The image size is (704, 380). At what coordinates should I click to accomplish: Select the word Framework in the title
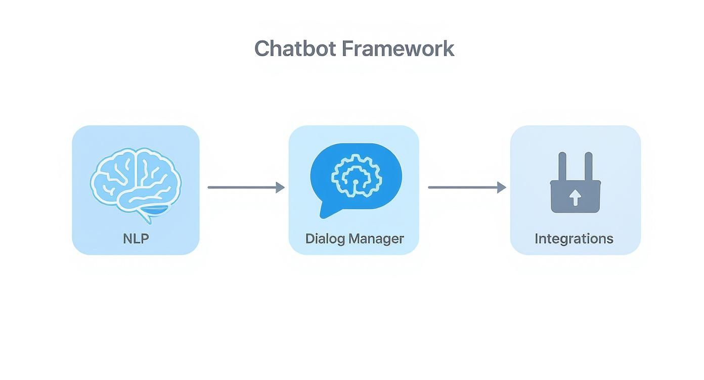point(398,49)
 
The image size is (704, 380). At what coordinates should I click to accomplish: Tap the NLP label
point(136,239)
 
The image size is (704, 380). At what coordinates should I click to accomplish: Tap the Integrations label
point(574,239)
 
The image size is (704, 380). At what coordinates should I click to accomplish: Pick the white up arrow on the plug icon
point(575,198)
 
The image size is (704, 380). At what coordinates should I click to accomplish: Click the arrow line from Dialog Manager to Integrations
point(462,187)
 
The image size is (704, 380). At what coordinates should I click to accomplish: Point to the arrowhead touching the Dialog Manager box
point(280,187)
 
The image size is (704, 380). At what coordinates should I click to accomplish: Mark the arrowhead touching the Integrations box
point(501,187)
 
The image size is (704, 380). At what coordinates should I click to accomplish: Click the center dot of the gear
point(355,181)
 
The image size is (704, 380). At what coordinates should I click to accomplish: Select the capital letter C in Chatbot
point(262,49)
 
